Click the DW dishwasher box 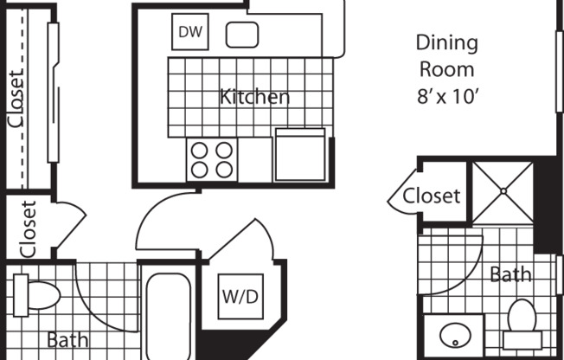[190, 32]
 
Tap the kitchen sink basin [242, 35]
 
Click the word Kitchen [254, 96]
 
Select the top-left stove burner [199, 151]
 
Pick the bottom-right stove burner [224, 170]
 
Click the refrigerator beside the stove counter [300, 154]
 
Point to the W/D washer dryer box [240, 297]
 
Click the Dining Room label [447, 55]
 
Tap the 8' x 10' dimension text [448, 96]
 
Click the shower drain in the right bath [503, 191]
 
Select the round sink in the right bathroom [455, 336]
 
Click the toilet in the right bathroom [522, 324]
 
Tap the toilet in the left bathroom [36, 296]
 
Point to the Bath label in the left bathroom [67, 340]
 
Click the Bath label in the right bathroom [510, 274]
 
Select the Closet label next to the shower [432, 196]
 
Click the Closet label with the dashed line [16, 99]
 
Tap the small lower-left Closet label [29, 229]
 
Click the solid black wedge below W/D [230, 344]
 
